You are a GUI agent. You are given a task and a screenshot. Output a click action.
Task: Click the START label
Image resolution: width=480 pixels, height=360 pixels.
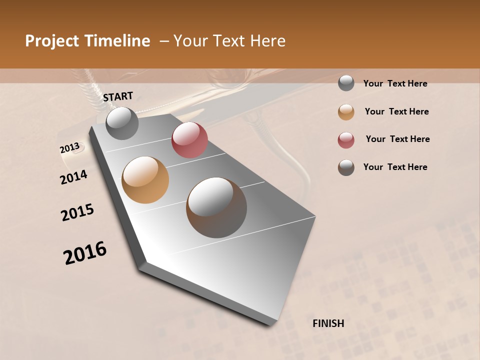click(x=118, y=96)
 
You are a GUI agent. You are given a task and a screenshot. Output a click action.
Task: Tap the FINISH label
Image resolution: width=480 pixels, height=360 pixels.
click(x=328, y=323)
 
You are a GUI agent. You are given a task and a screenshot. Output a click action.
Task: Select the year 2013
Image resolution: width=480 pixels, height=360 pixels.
click(x=70, y=148)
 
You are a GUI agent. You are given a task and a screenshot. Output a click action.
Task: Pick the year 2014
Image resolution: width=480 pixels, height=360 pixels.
click(x=73, y=177)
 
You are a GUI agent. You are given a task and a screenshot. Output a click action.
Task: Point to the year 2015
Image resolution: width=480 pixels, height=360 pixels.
click(x=77, y=212)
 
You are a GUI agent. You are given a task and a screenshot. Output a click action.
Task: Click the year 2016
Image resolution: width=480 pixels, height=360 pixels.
click(x=85, y=252)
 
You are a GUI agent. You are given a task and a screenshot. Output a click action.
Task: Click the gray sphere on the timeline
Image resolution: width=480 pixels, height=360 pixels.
click(x=122, y=123)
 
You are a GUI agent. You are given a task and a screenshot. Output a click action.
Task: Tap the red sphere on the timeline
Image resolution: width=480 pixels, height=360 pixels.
click(x=189, y=140)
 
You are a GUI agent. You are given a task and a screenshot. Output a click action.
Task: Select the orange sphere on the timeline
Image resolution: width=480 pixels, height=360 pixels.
click(x=145, y=179)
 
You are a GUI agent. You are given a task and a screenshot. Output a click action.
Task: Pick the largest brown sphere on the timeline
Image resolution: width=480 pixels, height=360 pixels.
click(x=216, y=207)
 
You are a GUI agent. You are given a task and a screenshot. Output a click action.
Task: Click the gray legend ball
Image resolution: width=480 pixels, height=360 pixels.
click(x=346, y=83)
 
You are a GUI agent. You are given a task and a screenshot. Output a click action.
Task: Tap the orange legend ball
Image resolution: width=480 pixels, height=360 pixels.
click(x=346, y=112)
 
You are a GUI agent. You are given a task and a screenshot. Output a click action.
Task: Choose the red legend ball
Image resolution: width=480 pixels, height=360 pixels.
click(x=346, y=140)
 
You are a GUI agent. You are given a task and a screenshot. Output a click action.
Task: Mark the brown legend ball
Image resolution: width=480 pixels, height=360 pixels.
click(x=346, y=168)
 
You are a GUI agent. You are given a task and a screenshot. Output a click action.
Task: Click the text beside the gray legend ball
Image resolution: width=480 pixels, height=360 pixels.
click(x=395, y=83)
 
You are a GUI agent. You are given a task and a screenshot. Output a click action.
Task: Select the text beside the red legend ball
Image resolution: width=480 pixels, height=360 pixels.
click(x=397, y=139)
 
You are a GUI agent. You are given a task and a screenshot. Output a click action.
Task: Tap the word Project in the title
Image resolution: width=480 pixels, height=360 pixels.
click(x=51, y=41)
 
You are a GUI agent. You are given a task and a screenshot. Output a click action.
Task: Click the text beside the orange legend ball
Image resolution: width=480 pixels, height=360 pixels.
click(x=396, y=111)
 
